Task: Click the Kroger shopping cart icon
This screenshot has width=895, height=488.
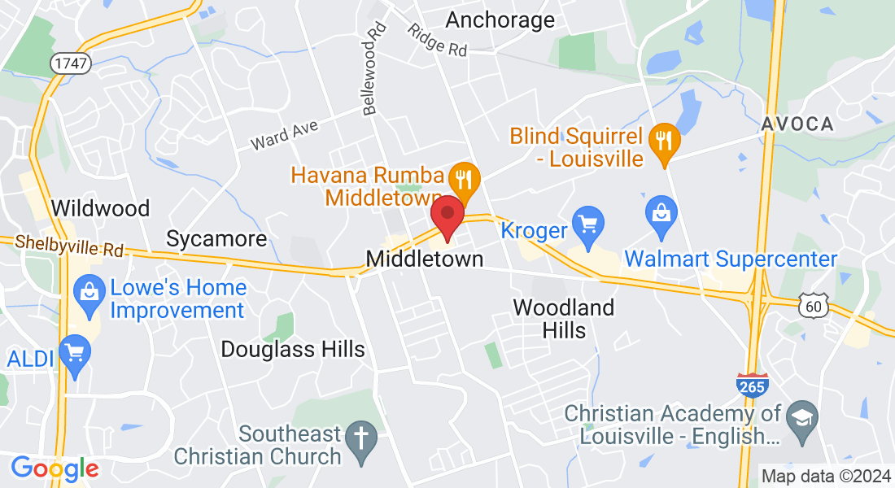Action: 587,220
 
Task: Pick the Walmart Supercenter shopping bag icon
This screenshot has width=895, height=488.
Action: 661,213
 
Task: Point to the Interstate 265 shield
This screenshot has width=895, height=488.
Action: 751,384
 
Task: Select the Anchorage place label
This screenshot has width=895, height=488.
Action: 500,20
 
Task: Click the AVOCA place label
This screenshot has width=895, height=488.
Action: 797,124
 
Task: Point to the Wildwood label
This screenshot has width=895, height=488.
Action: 100,208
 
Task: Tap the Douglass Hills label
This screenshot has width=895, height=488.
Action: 293,350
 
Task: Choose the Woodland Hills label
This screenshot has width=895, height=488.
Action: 563,319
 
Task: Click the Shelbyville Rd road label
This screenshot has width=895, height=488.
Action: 70,246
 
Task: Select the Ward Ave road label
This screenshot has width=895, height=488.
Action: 284,135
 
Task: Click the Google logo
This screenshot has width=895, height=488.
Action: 55,468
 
